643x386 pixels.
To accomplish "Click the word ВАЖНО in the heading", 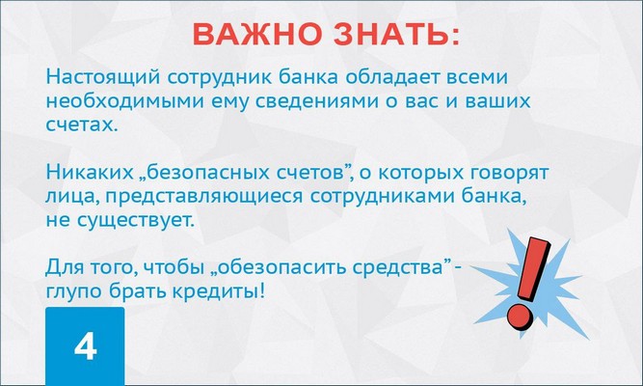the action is [x=255, y=34].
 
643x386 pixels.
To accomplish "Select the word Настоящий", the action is [x=102, y=77].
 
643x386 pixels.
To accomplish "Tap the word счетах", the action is [x=82, y=124].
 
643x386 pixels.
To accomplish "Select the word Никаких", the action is [x=89, y=172].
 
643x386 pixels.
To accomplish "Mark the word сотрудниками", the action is [x=383, y=197].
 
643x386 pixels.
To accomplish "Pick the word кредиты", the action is [x=216, y=291].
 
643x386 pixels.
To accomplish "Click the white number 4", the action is [x=85, y=346].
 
